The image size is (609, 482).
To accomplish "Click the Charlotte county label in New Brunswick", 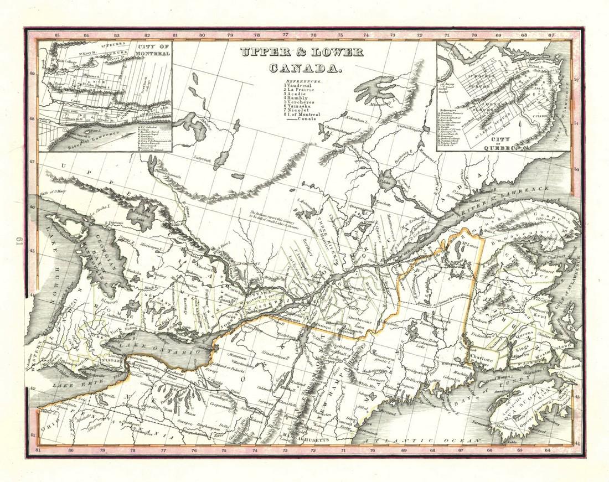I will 482,359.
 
